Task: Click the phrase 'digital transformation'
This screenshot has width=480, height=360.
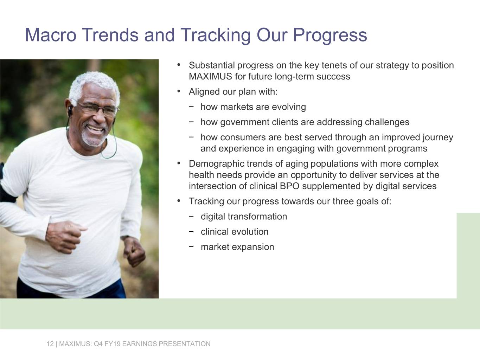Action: (244, 217)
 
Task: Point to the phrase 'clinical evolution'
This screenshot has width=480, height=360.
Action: (235, 232)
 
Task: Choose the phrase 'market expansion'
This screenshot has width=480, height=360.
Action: (237, 247)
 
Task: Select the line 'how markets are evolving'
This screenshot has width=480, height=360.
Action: (253, 107)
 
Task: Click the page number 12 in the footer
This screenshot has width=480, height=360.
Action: (50, 344)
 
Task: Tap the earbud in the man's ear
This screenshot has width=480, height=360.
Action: (70, 110)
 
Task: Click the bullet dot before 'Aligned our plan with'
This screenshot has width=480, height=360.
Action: (179, 92)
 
